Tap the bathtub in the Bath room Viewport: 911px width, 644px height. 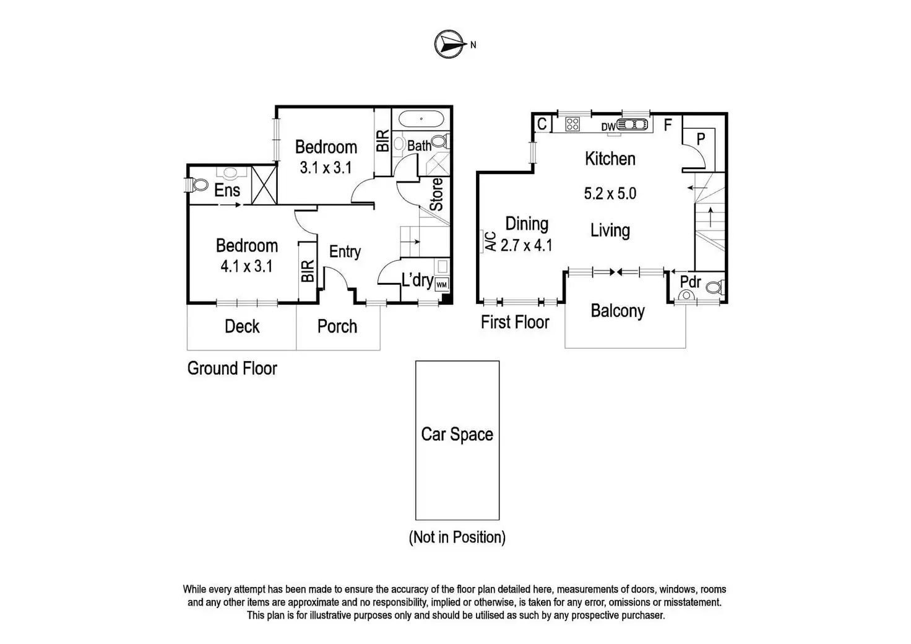[x=421, y=118]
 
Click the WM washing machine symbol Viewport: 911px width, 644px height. [x=441, y=284]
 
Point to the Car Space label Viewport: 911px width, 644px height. [x=457, y=434]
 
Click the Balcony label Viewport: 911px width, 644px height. [x=618, y=310]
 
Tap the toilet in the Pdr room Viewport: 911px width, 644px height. [x=714, y=287]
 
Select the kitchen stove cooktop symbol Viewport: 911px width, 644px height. [x=572, y=124]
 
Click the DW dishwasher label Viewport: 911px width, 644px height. [x=608, y=127]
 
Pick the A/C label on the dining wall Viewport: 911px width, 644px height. [x=490, y=241]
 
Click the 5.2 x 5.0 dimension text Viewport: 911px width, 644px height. [x=610, y=193]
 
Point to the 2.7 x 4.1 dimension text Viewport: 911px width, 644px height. [x=526, y=245]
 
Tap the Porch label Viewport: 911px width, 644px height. [x=337, y=326]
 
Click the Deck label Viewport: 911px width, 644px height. [x=242, y=326]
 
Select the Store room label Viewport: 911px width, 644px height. [x=436, y=194]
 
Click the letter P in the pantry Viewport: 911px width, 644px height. [x=701, y=139]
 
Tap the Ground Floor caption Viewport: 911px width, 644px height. [x=232, y=368]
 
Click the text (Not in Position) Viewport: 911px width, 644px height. [x=457, y=537]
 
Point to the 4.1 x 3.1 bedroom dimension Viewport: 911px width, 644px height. [x=246, y=267]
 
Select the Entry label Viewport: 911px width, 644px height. [x=345, y=251]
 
